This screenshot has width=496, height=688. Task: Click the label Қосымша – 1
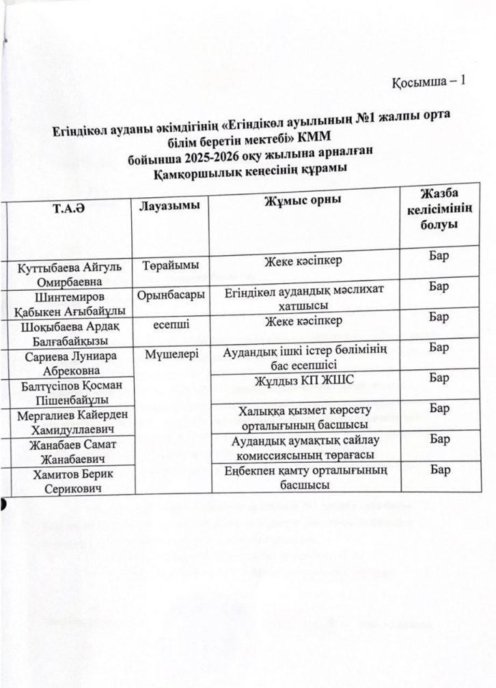click(428, 82)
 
